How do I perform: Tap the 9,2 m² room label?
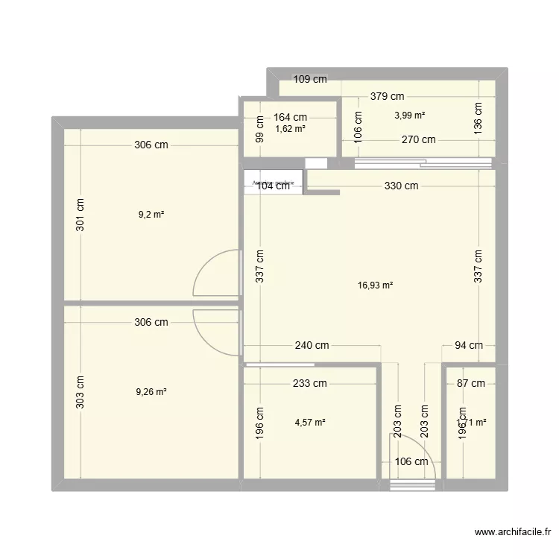click(151, 215)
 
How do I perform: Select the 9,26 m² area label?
click(151, 391)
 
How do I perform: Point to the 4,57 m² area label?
click(310, 423)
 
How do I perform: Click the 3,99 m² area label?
click(409, 115)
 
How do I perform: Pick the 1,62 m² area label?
click(290, 128)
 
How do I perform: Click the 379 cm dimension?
click(387, 95)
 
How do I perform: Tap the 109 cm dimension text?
click(310, 79)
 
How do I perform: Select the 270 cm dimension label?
click(419, 139)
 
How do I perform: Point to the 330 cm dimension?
click(401, 186)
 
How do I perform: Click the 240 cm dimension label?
click(312, 345)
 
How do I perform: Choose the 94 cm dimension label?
click(469, 345)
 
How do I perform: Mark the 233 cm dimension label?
click(309, 384)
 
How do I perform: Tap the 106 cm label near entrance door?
click(412, 461)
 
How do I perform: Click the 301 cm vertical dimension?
click(80, 215)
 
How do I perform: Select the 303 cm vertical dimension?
click(80, 391)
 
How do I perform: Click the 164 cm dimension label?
click(290, 116)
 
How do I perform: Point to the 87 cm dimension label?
click(470, 384)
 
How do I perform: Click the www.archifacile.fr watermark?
click(512, 532)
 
